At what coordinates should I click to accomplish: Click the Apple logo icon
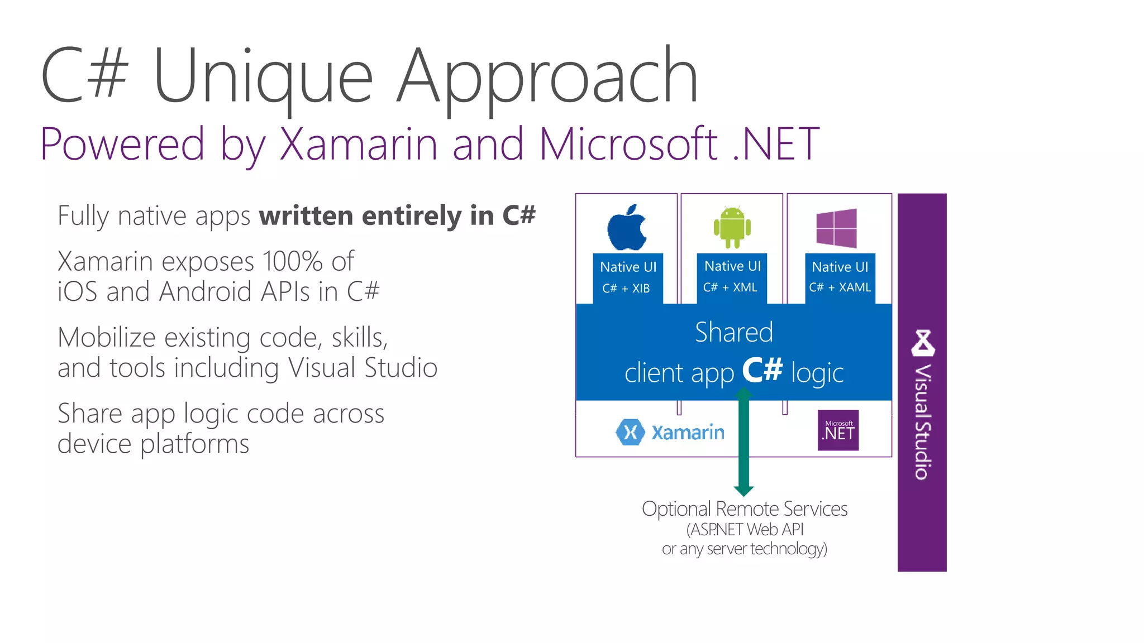click(627, 228)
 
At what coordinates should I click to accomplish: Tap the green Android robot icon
click(732, 227)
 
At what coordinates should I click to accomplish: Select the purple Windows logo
click(836, 228)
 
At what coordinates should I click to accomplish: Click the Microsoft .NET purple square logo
click(838, 430)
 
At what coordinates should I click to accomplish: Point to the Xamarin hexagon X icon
click(630, 432)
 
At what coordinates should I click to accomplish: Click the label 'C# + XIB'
click(626, 289)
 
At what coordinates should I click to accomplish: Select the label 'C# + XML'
click(730, 287)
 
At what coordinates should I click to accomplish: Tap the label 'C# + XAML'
click(840, 287)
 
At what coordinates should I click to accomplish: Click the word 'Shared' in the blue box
click(734, 332)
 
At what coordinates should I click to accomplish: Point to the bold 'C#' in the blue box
click(762, 370)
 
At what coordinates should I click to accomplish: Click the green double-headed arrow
click(743, 447)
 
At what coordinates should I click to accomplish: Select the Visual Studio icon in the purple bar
click(923, 343)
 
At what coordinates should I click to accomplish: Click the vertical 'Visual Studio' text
click(923, 422)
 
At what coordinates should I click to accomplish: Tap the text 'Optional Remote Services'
click(744, 509)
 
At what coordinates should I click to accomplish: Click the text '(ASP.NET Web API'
click(745, 529)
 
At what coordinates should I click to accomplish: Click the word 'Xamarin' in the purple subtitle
click(358, 144)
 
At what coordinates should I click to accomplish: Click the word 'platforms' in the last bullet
click(194, 445)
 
